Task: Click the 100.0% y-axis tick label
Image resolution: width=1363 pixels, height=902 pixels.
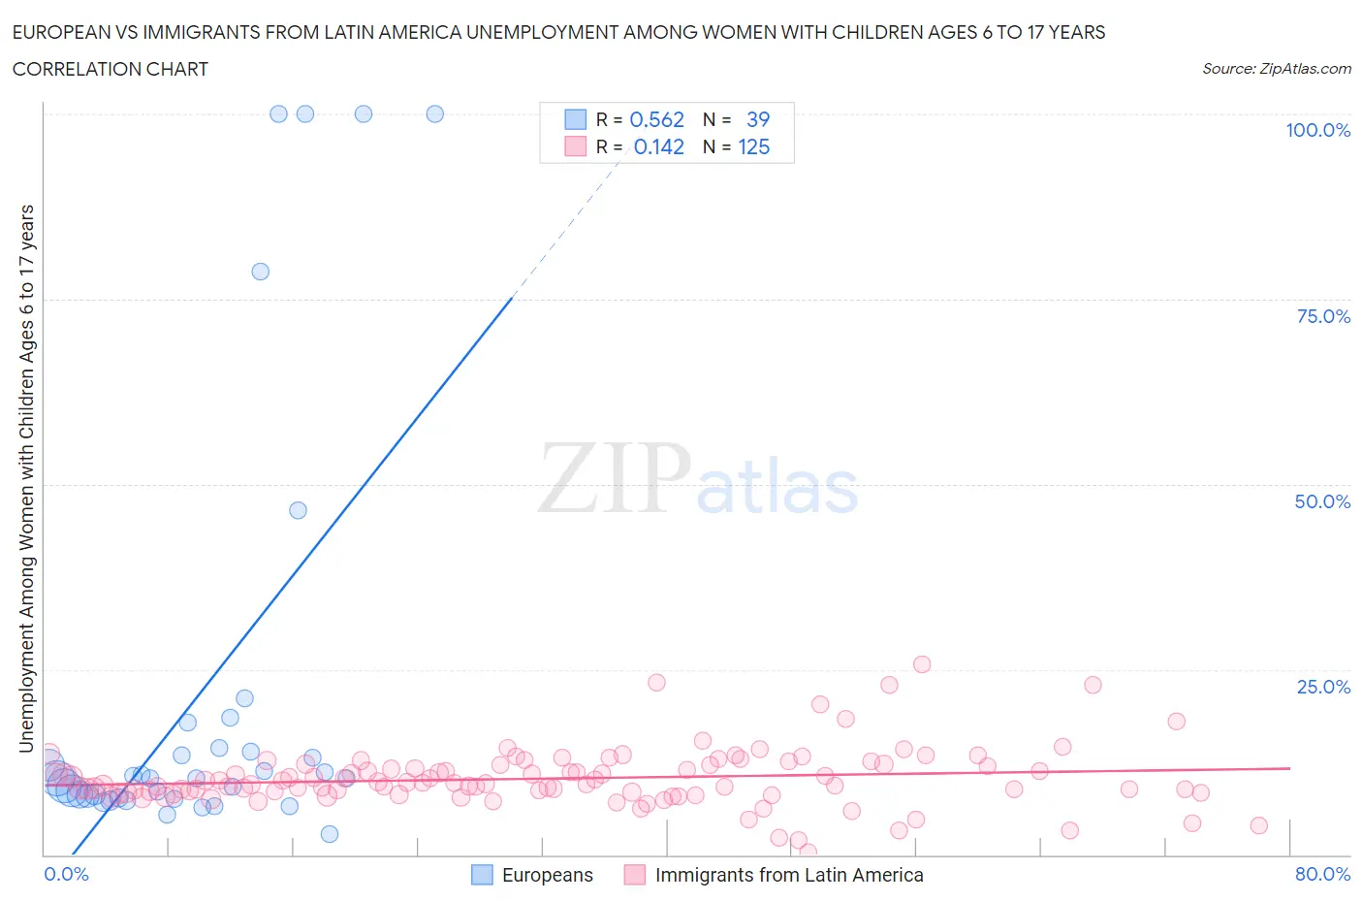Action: (x=1317, y=130)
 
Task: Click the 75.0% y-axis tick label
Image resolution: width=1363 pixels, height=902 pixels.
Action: (x=1323, y=316)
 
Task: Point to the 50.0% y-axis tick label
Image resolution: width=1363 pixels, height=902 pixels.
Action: (x=1322, y=501)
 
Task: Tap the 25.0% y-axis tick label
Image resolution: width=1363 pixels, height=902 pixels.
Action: (x=1323, y=687)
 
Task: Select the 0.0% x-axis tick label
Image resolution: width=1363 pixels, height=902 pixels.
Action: (x=66, y=874)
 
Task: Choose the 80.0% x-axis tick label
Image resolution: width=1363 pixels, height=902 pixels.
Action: (x=1322, y=874)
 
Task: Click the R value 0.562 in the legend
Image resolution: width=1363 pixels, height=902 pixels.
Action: (x=656, y=119)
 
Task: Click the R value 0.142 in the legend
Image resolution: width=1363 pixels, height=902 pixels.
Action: (x=658, y=146)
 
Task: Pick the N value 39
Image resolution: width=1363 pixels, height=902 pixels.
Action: (x=757, y=119)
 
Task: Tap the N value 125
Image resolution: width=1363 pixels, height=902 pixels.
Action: (x=753, y=146)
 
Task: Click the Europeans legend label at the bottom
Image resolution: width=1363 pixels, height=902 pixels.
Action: (x=547, y=875)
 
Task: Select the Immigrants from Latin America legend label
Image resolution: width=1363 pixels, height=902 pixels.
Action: (x=789, y=875)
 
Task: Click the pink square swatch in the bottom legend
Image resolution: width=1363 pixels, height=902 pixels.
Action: (x=634, y=875)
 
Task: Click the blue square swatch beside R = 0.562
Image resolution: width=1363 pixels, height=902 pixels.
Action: (x=576, y=119)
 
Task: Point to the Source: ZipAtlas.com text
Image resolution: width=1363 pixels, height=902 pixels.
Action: (x=1276, y=68)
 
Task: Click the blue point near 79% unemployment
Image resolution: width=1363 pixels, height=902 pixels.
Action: (x=260, y=272)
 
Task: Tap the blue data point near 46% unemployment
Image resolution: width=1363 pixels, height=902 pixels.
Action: (x=298, y=510)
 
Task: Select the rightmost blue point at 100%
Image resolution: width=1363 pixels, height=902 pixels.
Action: (x=435, y=113)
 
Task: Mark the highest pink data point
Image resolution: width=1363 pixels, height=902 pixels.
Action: (x=922, y=664)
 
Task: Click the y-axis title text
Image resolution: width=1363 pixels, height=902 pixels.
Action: (x=26, y=478)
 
